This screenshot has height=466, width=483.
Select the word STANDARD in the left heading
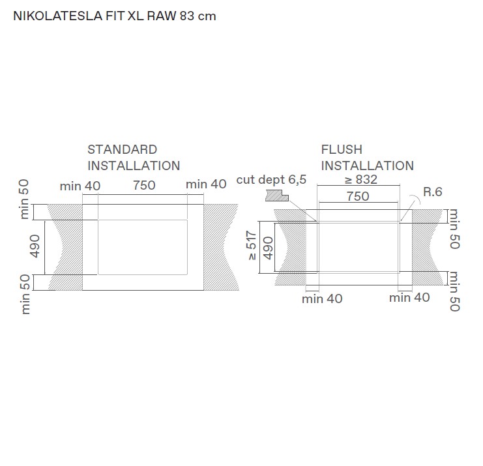[123, 150]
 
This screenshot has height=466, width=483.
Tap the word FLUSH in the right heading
[342, 150]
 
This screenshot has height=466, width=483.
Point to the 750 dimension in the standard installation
[144, 185]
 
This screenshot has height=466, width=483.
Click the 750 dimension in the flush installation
[358, 196]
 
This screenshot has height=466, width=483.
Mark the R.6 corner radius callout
[432, 192]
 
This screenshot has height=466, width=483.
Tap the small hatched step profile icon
[277, 196]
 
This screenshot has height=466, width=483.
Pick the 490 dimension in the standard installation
[36, 246]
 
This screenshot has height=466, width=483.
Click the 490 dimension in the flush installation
[267, 248]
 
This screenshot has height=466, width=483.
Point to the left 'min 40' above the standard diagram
[80, 186]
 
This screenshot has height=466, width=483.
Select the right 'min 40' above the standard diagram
[206, 184]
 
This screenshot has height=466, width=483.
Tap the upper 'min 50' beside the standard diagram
[25, 199]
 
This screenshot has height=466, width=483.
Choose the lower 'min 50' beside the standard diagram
[25, 294]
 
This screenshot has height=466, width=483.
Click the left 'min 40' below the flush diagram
[322, 299]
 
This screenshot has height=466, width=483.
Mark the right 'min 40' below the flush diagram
[409, 298]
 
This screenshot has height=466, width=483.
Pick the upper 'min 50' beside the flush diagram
[454, 229]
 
